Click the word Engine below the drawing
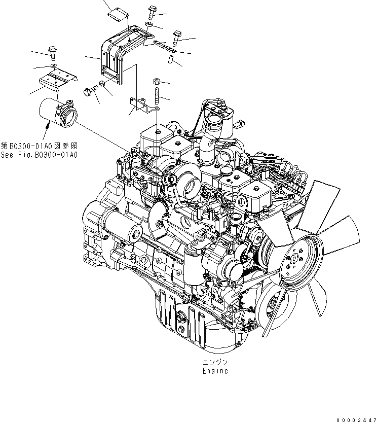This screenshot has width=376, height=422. click(x=215, y=371)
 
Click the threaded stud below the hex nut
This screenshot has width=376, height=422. click(x=157, y=96)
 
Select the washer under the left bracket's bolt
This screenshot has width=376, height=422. click(x=54, y=66)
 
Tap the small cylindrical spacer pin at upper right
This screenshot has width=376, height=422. click(x=171, y=60)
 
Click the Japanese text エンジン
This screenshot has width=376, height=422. click(x=215, y=362)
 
